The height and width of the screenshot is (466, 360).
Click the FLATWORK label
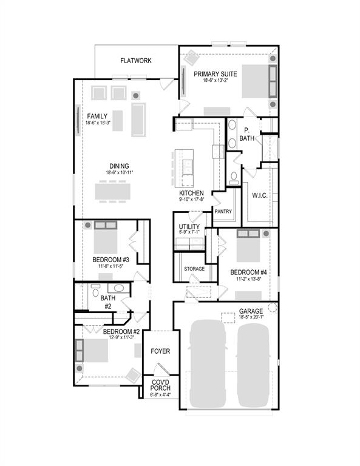(135, 61)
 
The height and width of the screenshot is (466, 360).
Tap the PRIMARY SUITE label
(215, 74)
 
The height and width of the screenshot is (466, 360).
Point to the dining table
(112, 191)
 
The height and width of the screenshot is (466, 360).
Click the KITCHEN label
(191, 193)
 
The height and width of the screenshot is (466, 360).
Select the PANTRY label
(223, 211)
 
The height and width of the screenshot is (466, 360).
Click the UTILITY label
(189, 226)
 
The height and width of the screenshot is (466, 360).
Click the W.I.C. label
(260, 195)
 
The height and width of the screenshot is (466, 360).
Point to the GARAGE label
(251, 311)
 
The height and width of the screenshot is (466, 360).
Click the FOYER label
(160, 351)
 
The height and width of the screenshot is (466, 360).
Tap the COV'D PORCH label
(160, 385)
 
